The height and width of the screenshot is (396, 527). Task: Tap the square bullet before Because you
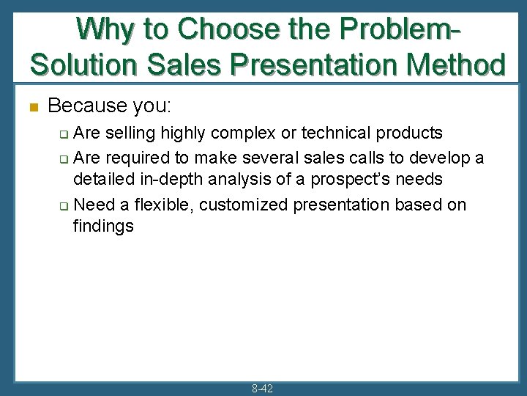32,107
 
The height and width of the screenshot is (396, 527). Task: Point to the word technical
342,133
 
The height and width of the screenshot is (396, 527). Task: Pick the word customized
242,204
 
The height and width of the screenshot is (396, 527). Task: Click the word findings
103,226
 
